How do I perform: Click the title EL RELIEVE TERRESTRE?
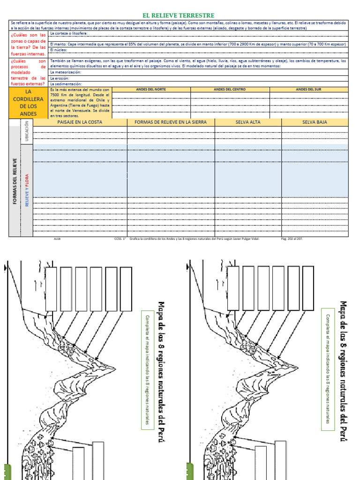(x=178, y=15)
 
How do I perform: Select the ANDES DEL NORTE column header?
(x=151, y=89)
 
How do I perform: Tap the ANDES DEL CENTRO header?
(x=230, y=89)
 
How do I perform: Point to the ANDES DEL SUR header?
(x=308, y=89)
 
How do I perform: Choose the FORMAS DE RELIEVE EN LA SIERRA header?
(x=171, y=122)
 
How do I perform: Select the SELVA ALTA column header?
(x=248, y=122)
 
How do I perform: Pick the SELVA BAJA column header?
(x=315, y=122)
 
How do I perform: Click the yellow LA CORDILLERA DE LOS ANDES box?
(x=28, y=103)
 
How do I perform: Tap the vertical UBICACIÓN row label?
(x=27, y=132)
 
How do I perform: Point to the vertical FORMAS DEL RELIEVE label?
(x=15, y=180)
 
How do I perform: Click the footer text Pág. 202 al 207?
(x=292, y=238)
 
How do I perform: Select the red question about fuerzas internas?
(x=28, y=45)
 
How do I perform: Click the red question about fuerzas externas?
(x=28, y=72)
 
